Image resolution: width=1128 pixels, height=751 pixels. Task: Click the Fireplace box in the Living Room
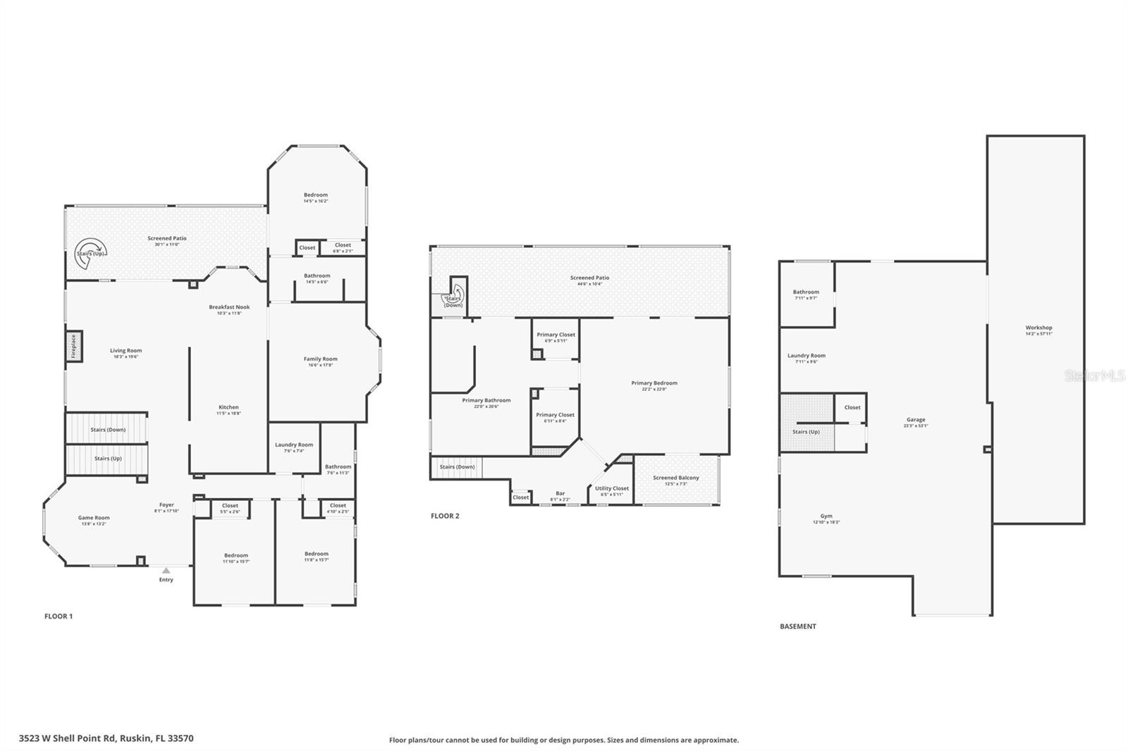tap(73, 347)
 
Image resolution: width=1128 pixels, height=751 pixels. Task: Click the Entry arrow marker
tap(166, 571)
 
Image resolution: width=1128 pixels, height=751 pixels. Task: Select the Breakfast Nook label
tap(229, 307)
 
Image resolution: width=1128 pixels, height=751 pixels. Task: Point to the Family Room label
tap(320, 359)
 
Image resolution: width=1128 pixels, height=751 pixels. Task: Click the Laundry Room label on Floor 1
tap(294, 445)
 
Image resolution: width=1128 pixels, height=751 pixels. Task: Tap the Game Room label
tap(94, 518)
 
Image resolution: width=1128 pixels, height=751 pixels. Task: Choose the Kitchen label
tap(228, 407)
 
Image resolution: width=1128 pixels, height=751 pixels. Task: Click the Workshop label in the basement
tap(1038, 328)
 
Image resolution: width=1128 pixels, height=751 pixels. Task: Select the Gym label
tap(826, 516)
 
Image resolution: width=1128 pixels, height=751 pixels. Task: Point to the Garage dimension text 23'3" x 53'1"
tap(916, 426)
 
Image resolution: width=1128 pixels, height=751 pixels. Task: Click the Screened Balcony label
tap(675, 478)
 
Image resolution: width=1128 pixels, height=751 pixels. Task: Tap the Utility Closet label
tap(611, 488)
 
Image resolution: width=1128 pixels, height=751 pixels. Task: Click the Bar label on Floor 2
tap(560, 493)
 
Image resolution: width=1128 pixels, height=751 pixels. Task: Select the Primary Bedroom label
tap(654, 383)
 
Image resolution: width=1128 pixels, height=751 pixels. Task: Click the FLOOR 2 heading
tap(445, 516)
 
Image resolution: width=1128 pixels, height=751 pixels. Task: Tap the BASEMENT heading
tap(797, 626)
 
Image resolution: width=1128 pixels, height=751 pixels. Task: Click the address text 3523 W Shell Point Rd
tap(106, 738)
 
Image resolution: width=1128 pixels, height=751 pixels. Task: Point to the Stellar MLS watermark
tap(1094, 376)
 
